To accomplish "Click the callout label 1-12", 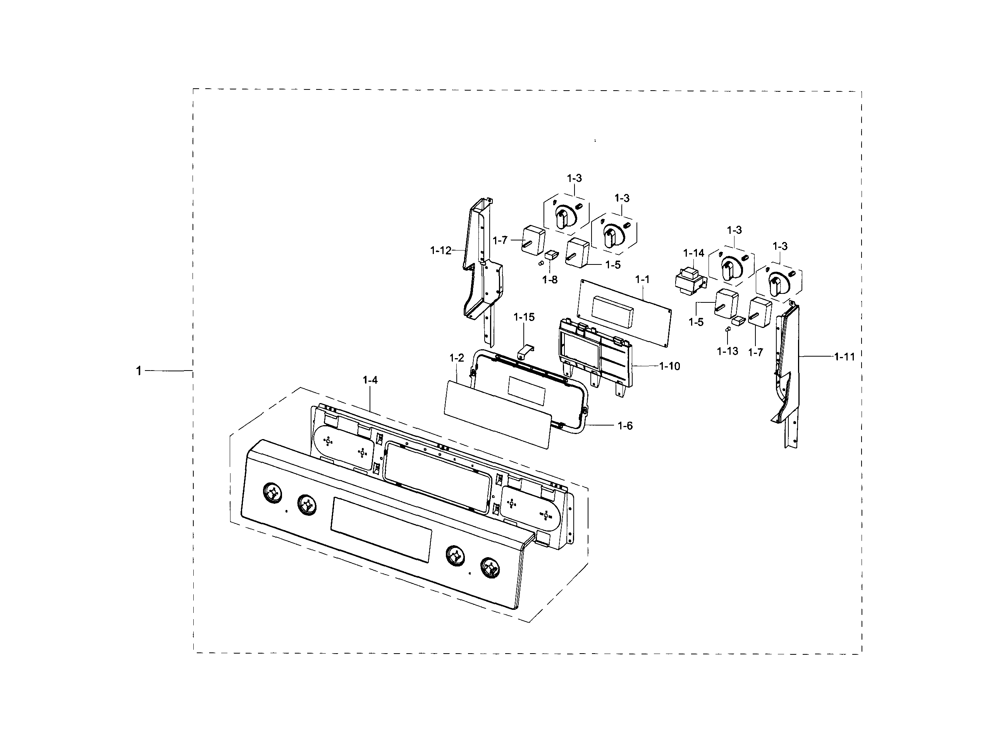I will pyautogui.click(x=441, y=251).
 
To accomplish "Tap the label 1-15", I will pyautogui.click(x=524, y=318).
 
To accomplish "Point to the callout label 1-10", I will pyautogui.click(x=670, y=367).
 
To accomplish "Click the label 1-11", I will pyautogui.click(x=844, y=357).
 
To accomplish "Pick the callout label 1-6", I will pyautogui.click(x=625, y=426).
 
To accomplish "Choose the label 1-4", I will pyautogui.click(x=370, y=380).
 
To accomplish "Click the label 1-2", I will pyautogui.click(x=456, y=358).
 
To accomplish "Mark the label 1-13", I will pyautogui.click(x=728, y=351).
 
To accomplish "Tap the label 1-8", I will pyautogui.click(x=550, y=280).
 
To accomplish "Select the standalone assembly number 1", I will pyautogui.click(x=139, y=371).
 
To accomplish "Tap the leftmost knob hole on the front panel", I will pyautogui.click(x=272, y=493).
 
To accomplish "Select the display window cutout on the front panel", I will pyautogui.click(x=381, y=530).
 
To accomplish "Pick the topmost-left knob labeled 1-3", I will pyautogui.click(x=565, y=215).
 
